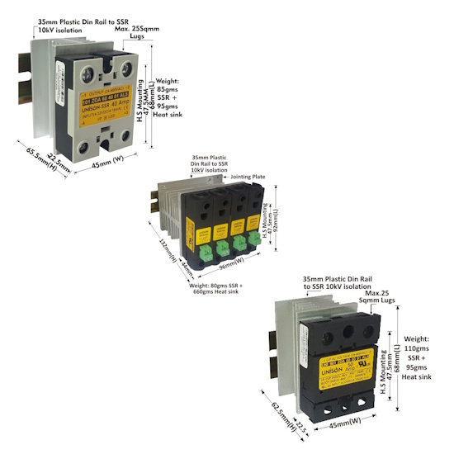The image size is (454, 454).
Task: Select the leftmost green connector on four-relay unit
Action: (x=199, y=244)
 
